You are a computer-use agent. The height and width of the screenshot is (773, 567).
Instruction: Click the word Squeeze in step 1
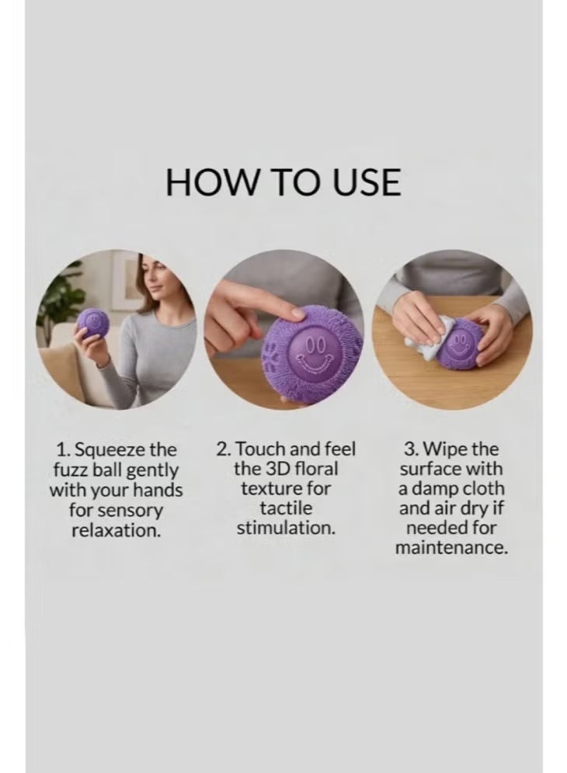[110, 450]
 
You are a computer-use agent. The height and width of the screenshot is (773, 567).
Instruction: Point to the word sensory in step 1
[130, 511]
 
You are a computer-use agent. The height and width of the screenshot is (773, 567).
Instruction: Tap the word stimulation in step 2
[286, 528]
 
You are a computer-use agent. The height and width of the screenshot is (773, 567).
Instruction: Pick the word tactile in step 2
[286, 508]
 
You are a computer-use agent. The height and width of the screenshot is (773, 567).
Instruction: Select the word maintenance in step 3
[451, 548]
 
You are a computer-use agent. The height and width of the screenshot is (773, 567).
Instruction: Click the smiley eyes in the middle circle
[314, 344]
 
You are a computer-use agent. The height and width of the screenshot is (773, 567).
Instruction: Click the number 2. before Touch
[224, 449]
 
